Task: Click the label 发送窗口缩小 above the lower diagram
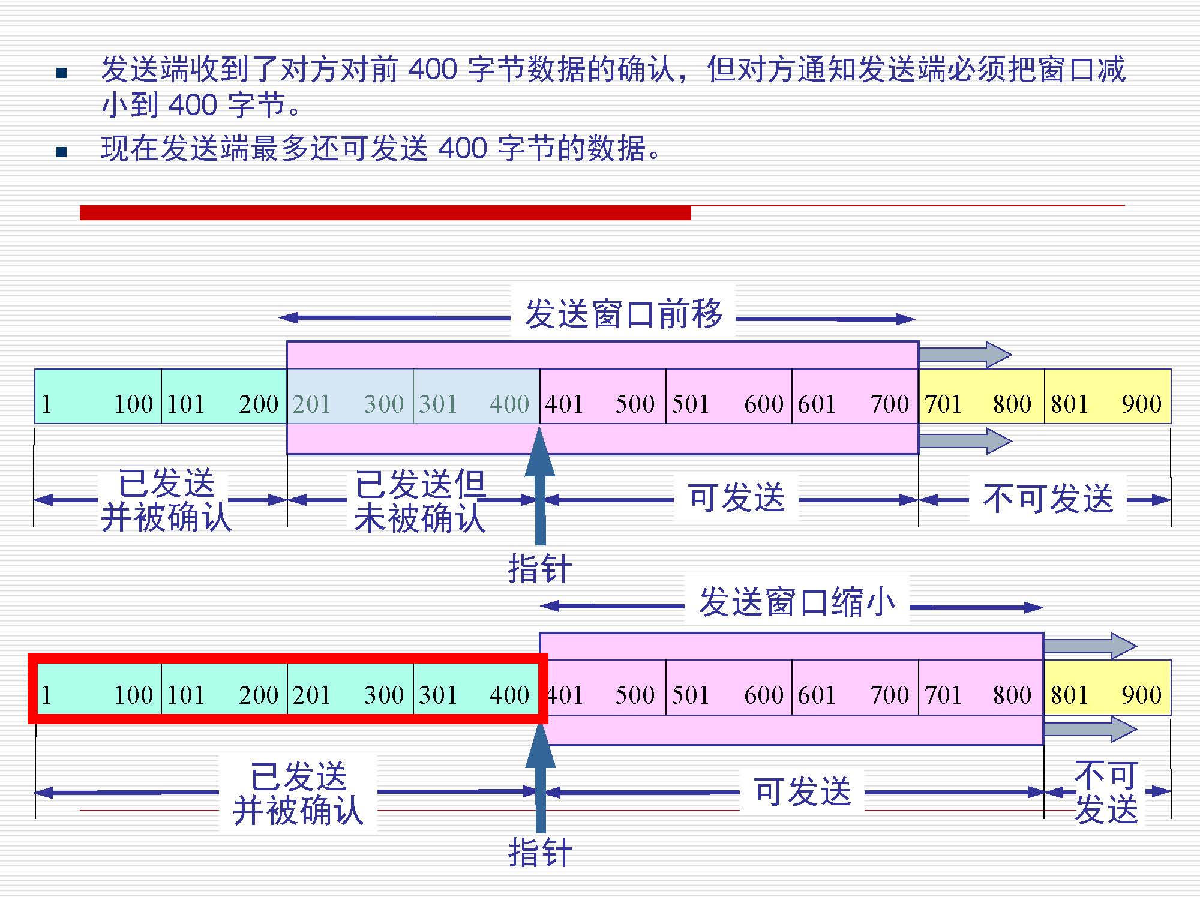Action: [x=797, y=602]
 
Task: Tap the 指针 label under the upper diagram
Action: [x=539, y=568]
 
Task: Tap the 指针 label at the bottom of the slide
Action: [x=539, y=852]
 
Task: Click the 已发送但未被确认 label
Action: [x=420, y=500]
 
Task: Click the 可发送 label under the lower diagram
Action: [x=802, y=791]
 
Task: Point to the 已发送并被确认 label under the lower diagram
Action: [x=298, y=793]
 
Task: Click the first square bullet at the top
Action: [x=61, y=73]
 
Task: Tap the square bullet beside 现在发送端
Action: [x=61, y=152]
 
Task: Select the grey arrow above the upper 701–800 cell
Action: [x=965, y=355]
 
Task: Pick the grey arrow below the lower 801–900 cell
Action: [x=1090, y=729]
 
